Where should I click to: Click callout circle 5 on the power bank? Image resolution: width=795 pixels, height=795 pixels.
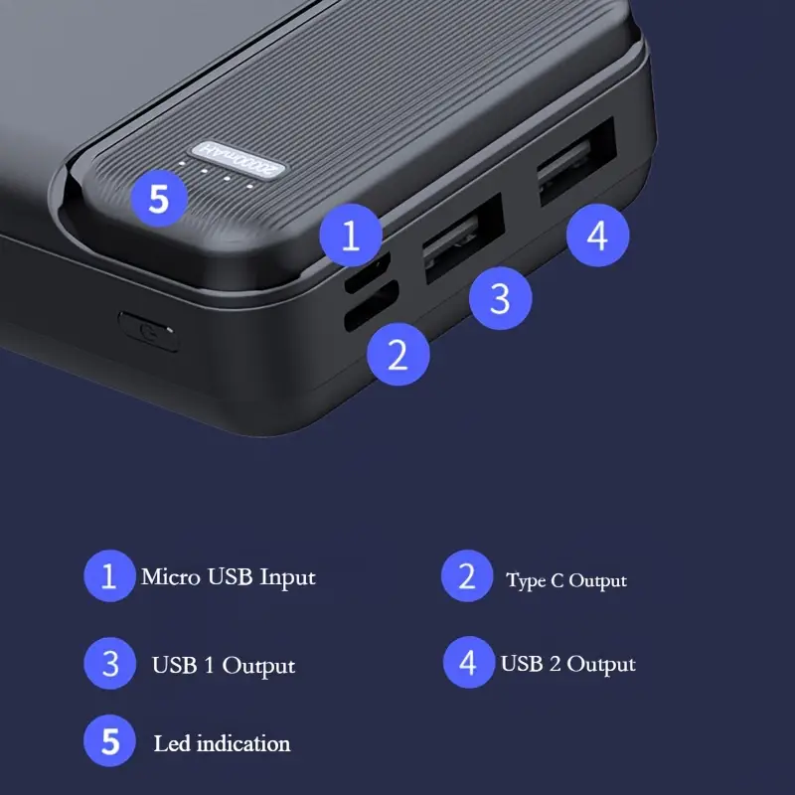159,198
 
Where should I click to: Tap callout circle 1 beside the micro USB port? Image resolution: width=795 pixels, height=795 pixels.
351,236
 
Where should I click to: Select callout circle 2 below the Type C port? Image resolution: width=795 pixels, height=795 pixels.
398,355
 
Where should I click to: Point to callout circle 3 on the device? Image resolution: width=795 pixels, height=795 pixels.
501,299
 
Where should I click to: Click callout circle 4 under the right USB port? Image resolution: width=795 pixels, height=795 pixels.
598,236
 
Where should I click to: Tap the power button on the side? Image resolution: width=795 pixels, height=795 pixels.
149,332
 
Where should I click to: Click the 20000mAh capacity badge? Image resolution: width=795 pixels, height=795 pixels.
238,159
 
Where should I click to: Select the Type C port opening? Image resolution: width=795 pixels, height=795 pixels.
371,307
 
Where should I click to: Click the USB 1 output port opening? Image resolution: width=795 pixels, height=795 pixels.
462,238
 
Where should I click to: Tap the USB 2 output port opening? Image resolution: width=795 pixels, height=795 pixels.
576,162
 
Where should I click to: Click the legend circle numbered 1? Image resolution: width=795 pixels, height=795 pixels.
109,576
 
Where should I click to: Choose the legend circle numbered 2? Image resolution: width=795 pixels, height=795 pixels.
467,576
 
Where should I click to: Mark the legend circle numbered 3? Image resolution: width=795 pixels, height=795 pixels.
110,663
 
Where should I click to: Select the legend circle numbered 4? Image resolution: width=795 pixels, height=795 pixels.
469,662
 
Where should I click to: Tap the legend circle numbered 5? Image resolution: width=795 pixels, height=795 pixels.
110,740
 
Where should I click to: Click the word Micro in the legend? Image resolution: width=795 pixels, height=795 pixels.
170,576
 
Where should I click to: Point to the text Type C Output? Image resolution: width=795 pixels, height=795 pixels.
566,580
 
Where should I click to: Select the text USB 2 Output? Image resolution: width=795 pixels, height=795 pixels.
567,664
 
